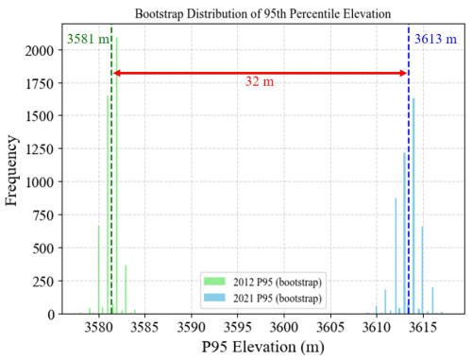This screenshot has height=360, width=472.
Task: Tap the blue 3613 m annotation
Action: tap(435, 41)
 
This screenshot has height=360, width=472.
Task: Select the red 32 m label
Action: tap(260, 83)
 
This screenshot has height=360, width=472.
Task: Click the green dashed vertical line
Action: tap(111, 189)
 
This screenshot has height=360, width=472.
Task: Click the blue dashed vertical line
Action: tap(409, 189)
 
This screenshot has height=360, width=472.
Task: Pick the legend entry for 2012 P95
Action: tap(261, 282)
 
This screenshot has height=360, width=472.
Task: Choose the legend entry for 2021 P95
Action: tap(261, 298)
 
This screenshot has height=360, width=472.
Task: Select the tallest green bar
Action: tap(117, 180)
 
